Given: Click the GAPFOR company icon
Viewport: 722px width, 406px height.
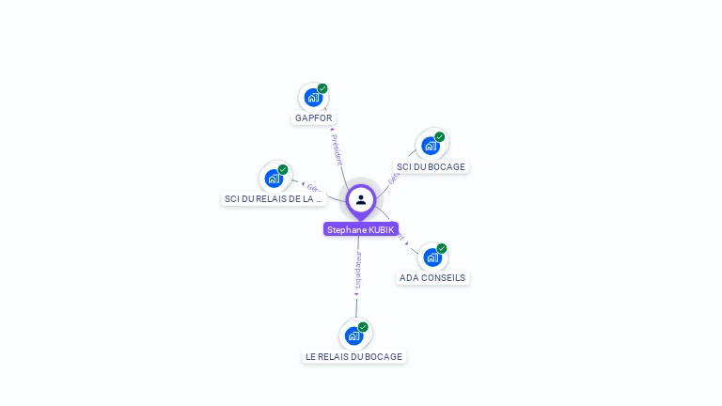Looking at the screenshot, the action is [313, 98].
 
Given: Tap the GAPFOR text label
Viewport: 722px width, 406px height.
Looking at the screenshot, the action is [313, 118].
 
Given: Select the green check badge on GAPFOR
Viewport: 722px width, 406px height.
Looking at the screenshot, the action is [322, 88].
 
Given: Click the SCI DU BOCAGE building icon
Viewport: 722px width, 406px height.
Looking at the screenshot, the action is [431, 146].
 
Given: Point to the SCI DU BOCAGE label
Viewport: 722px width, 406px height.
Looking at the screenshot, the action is [431, 167].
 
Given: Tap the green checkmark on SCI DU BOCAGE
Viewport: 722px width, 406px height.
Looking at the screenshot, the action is [440, 136].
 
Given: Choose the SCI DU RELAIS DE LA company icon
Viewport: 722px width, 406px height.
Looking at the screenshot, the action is [274, 178].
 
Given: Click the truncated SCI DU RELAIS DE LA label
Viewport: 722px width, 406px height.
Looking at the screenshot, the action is [273, 199].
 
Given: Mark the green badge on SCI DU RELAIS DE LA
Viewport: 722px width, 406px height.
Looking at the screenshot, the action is [283, 169].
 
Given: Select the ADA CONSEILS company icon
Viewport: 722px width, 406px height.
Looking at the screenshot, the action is [432, 257].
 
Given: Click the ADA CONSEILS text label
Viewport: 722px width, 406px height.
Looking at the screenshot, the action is [432, 278].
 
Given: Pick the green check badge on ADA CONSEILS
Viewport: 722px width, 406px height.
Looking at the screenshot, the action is [442, 248].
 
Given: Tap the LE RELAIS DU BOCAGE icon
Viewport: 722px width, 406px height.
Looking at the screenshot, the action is [354, 336].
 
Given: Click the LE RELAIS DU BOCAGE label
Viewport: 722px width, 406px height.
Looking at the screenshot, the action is [353, 357].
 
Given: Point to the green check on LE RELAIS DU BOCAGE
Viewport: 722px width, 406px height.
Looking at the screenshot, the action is [364, 327].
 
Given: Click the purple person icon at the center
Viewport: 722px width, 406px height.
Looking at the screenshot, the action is [361, 199].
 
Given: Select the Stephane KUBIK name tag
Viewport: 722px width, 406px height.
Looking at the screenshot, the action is [361, 229].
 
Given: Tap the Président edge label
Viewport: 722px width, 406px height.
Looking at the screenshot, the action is [337, 148].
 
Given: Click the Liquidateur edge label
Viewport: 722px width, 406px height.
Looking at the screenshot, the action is [357, 270].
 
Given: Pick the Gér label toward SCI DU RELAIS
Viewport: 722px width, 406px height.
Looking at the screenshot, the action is [313, 187].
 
